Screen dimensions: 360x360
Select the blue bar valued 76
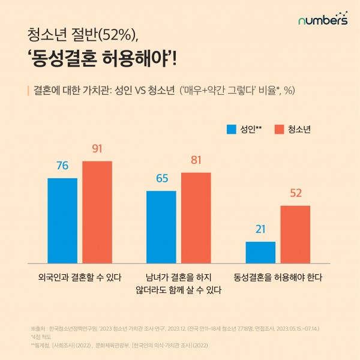click(62, 220)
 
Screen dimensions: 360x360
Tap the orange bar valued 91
click(97, 212)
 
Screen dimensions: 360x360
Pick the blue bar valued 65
click(161, 227)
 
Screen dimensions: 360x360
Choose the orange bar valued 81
click(196, 217)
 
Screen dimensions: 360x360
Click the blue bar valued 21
click(260, 252)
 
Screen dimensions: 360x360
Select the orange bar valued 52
click(295, 234)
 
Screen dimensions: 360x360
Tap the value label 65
click(161, 179)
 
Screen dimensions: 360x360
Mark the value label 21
click(260, 230)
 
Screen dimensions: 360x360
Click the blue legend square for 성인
click(230, 129)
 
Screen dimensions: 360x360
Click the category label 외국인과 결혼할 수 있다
click(80, 278)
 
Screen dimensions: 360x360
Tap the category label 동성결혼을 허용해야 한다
click(278, 278)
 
